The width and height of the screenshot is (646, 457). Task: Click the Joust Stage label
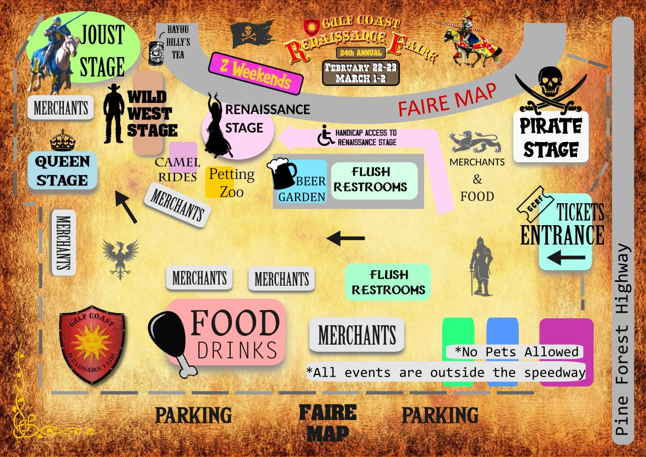click(102, 51)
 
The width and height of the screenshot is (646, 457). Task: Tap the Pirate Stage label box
click(550, 137)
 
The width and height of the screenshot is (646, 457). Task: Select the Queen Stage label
click(63, 171)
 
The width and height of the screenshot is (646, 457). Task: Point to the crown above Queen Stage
click(62, 141)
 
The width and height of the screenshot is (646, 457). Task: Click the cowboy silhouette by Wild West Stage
click(114, 113)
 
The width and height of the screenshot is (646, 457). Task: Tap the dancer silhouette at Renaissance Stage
click(218, 126)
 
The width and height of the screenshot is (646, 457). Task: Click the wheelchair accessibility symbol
click(324, 136)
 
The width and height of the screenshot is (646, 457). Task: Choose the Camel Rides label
click(176, 169)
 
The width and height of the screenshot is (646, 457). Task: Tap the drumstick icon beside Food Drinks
click(171, 342)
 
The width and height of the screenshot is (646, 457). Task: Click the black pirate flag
click(252, 35)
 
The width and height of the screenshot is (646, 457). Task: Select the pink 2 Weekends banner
click(256, 73)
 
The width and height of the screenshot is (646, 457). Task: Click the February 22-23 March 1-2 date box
click(361, 73)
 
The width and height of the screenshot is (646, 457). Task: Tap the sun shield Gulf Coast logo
click(91, 344)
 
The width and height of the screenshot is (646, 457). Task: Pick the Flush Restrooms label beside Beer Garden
click(374, 180)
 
